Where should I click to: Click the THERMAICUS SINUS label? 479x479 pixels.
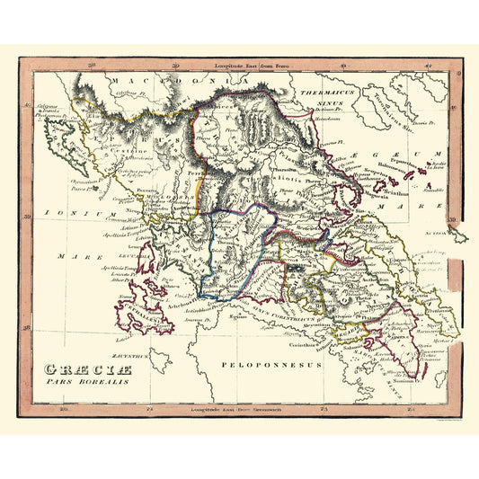click(324, 96)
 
